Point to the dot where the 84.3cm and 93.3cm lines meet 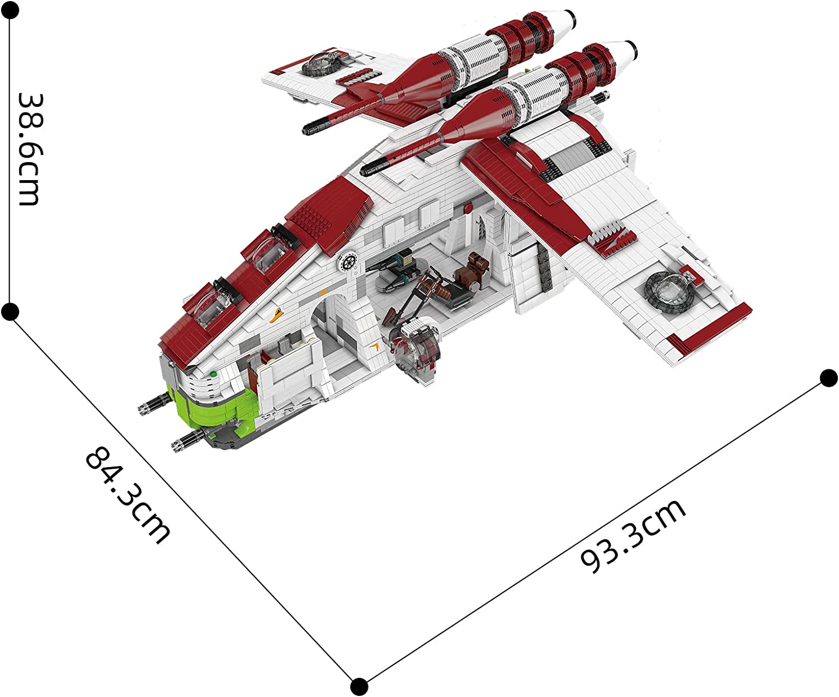[359, 686]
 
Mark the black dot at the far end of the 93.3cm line [828, 378]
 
